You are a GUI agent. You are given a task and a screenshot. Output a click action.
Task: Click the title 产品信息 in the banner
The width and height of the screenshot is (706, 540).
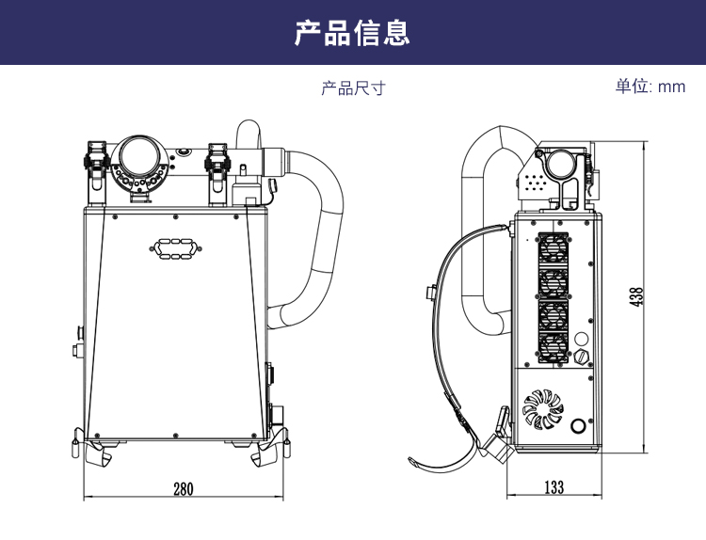click(x=353, y=33)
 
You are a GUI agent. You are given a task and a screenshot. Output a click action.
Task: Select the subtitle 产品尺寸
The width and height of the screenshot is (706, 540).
click(x=353, y=88)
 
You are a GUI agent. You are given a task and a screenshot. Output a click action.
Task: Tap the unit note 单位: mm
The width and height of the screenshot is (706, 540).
click(x=650, y=87)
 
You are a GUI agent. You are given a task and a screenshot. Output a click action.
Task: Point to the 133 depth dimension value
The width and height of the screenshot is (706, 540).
click(x=554, y=487)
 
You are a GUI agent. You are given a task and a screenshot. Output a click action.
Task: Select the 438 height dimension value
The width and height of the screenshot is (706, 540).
click(x=637, y=295)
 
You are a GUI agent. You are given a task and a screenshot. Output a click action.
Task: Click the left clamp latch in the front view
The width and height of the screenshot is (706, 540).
click(x=94, y=160)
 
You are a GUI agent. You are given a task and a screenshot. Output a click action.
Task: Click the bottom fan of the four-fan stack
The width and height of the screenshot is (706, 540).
click(x=553, y=348)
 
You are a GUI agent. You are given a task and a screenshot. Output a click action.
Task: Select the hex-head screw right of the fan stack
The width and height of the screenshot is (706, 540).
click(x=580, y=356)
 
